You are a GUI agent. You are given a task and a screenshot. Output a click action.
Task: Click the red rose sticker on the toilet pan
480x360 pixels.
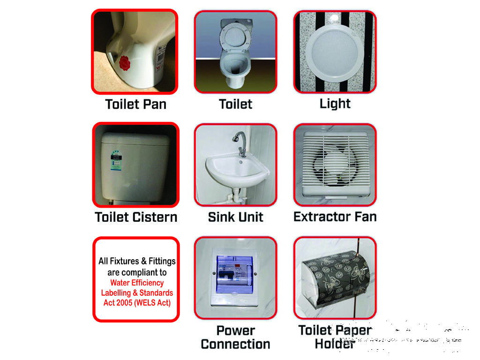125,63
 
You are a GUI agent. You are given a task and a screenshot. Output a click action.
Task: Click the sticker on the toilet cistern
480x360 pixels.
116,160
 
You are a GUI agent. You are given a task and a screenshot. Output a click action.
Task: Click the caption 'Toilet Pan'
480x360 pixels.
136,105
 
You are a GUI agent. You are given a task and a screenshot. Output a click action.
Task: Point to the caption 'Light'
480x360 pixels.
335,104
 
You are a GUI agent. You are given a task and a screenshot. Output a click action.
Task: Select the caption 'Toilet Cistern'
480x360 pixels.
136,217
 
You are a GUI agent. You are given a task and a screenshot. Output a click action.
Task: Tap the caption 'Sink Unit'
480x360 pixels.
235,217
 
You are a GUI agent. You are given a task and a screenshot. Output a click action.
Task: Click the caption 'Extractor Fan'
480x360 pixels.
335,217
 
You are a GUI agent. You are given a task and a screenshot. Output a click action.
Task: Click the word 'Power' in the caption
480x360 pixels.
236,330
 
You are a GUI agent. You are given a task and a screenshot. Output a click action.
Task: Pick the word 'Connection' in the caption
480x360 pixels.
236,344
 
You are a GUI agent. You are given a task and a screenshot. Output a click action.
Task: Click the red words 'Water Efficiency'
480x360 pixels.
137,283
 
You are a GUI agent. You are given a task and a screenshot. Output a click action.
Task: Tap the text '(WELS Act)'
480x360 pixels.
153,303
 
